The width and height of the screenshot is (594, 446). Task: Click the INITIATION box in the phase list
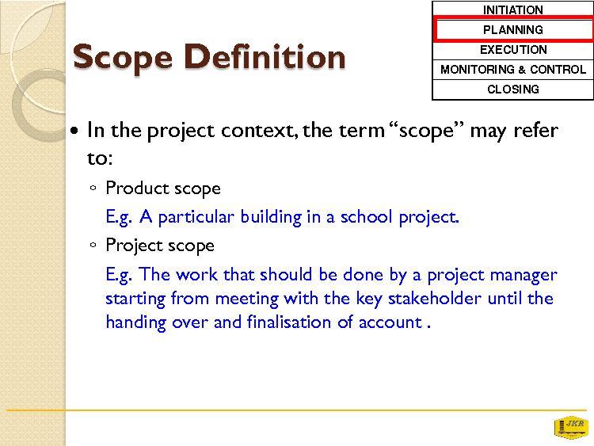[x=512, y=9]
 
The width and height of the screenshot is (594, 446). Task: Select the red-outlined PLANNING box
[x=513, y=29]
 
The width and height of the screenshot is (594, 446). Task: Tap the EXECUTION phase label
[x=513, y=50]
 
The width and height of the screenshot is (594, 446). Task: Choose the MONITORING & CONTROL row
[x=512, y=70]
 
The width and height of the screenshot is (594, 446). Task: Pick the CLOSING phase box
[x=512, y=90]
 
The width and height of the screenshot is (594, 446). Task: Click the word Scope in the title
[x=122, y=58]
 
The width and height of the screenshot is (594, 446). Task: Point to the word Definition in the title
[x=265, y=56]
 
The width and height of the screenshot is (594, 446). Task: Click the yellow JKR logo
[x=571, y=427]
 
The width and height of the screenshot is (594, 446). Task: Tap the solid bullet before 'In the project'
[x=75, y=132]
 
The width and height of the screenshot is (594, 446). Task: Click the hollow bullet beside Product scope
[x=93, y=188]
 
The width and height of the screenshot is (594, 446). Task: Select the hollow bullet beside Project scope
[x=93, y=245]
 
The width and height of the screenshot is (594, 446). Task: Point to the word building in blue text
[x=271, y=217]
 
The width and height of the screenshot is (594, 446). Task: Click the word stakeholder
[x=435, y=298]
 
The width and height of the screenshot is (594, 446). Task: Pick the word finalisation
[x=289, y=322]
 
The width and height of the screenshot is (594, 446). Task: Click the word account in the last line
[x=390, y=322]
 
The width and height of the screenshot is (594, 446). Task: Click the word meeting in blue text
[x=247, y=299]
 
